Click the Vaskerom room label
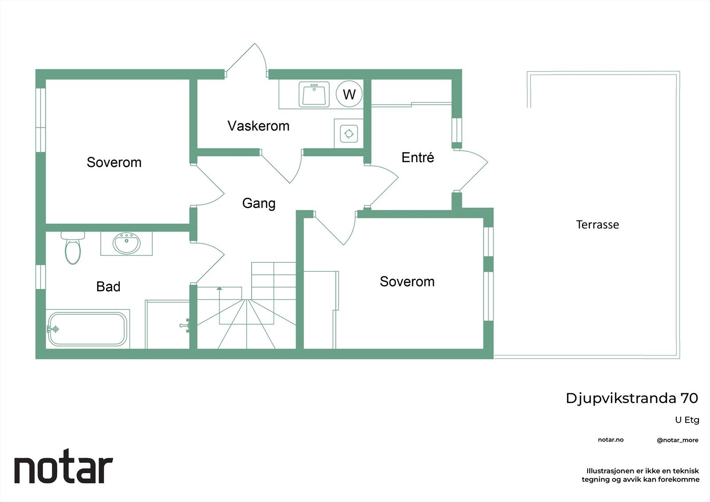click(x=258, y=126)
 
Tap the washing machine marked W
click(x=349, y=94)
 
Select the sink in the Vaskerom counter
click(x=314, y=94)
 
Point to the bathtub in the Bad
click(x=87, y=329)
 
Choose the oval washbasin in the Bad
click(x=126, y=243)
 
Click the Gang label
click(x=259, y=203)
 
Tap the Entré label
click(x=418, y=158)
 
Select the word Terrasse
click(x=597, y=225)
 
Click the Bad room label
click(x=108, y=287)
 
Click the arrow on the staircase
click(x=219, y=289)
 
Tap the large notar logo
click(x=63, y=469)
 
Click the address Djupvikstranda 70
click(x=631, y=398)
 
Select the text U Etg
click(x=687, y=420)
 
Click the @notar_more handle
click(x=677, y=440)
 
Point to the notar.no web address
click(x=611, y=440)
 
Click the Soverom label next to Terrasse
click(x=407, y=282)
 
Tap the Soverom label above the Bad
click(x=114, y=162)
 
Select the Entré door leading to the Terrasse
click(x=473, y=171)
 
